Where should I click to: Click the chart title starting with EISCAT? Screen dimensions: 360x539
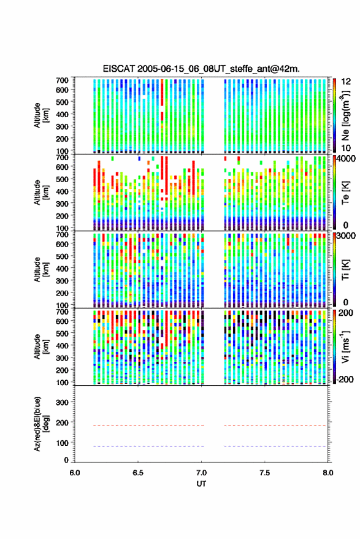pos(201,69)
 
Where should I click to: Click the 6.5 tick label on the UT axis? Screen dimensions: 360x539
pos(138,473)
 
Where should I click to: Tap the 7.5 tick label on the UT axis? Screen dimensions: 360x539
pos(264,473)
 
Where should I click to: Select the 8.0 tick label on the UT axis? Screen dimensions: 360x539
pos(327,473)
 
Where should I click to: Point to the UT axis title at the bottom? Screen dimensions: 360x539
pos(201,484)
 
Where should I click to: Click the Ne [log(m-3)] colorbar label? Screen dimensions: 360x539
pos(345,115)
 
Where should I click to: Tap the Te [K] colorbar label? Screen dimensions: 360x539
pos(345,193)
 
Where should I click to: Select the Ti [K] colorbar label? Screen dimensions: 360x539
pos(345,270)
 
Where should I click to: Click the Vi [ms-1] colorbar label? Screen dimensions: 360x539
pos(345,346)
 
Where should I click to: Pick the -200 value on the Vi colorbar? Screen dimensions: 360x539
pos(344,380)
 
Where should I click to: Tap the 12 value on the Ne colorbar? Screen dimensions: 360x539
pos(346,82)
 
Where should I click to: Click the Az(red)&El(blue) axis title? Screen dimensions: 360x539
pos(40,424)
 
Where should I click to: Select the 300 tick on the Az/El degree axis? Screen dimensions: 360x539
pos(63,402)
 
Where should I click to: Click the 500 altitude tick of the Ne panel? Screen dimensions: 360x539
pos(62,102)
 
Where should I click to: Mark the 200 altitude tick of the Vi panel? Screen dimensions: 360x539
pos(62,370)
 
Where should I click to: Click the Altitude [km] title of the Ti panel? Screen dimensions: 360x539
pos(40,270)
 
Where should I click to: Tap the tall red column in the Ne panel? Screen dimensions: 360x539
pos(162,100)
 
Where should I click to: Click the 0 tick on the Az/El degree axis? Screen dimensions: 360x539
pos(67,460)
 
